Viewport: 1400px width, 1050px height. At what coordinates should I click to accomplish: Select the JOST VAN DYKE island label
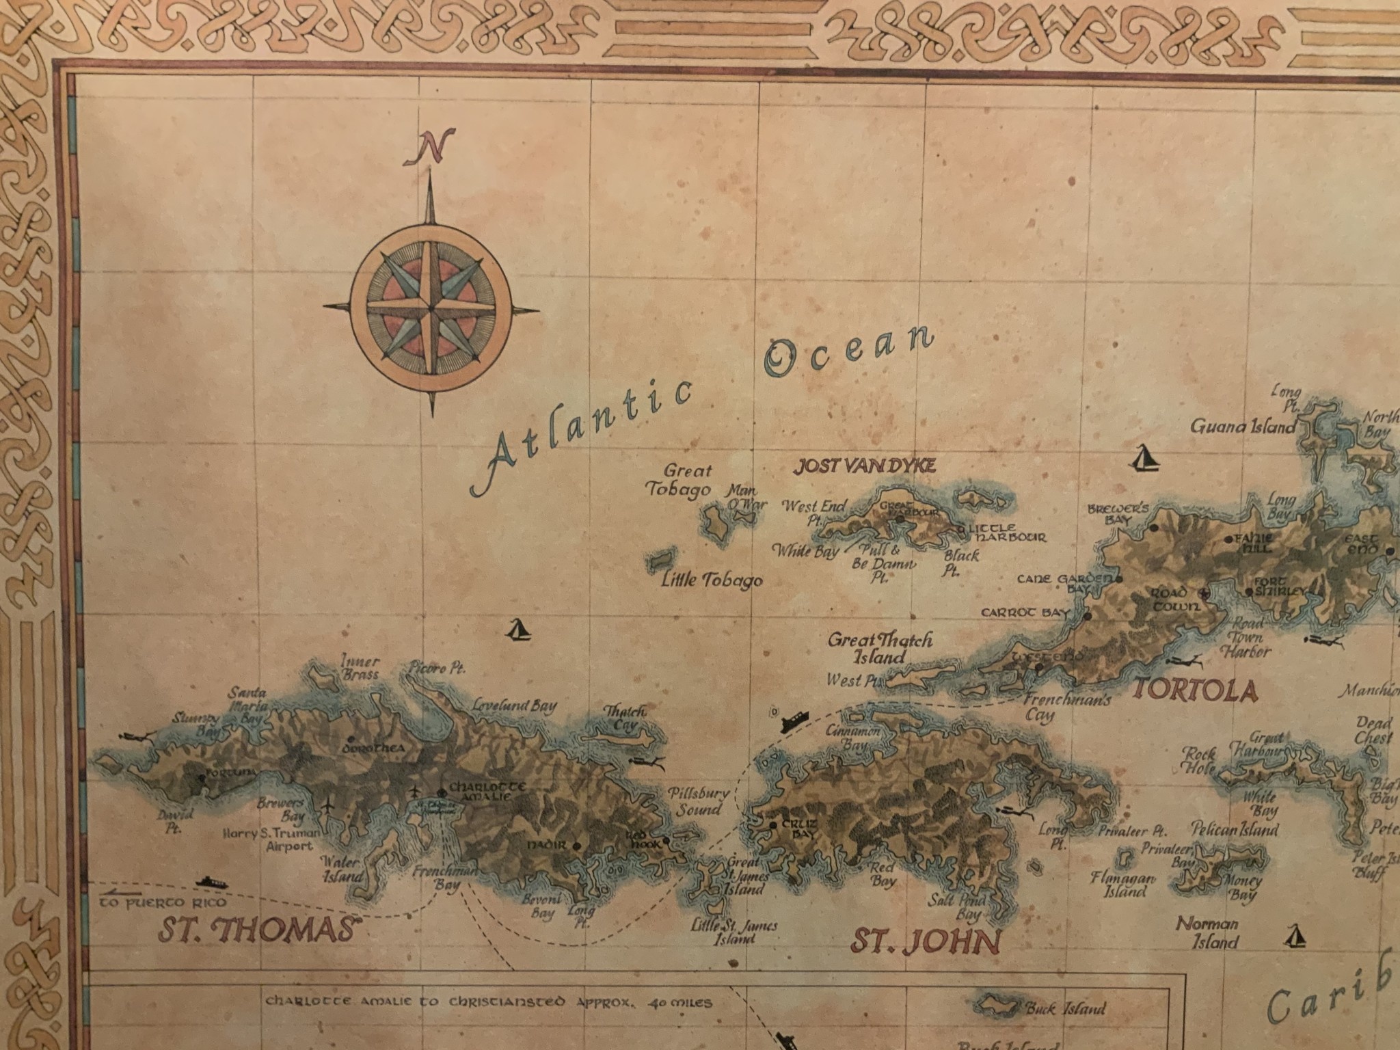[x=864, y=466]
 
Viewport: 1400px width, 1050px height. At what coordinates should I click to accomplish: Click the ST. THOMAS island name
[x=259, y=931]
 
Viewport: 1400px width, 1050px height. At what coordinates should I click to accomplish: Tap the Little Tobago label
[x=712, y=581]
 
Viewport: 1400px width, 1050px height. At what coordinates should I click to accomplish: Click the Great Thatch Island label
[x=880, y=647]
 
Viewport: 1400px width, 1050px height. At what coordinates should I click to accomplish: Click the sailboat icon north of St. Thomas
[x=518, y=630]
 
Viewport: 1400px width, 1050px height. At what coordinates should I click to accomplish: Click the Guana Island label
[x=1243, y=427]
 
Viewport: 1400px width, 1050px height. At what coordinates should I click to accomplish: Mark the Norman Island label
[x=1207, y=932]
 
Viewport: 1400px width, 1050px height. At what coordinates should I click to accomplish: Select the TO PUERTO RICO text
[x=142, y=902]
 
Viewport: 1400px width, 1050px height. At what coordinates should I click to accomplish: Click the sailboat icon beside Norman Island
[x=1293, y=937]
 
